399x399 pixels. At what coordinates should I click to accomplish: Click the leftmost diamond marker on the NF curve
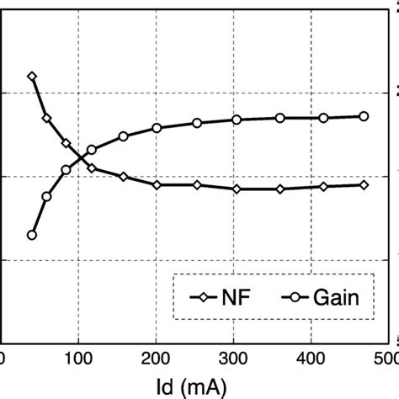tap(32, 77)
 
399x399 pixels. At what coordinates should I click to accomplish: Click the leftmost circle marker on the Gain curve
tap(32, 235)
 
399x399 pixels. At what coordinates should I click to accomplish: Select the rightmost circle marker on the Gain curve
tap(364, 116)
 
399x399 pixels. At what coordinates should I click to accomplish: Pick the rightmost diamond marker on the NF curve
tap(364, 184)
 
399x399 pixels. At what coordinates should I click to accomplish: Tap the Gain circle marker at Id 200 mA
tap(157, 128)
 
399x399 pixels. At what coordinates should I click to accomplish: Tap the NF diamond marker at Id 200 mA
tap(157, 184)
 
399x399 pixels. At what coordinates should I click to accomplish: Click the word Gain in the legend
tap(341, 296)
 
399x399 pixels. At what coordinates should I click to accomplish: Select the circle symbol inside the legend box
tap(295, 296)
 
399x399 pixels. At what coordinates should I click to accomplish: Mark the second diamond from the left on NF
tap(47, 119)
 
